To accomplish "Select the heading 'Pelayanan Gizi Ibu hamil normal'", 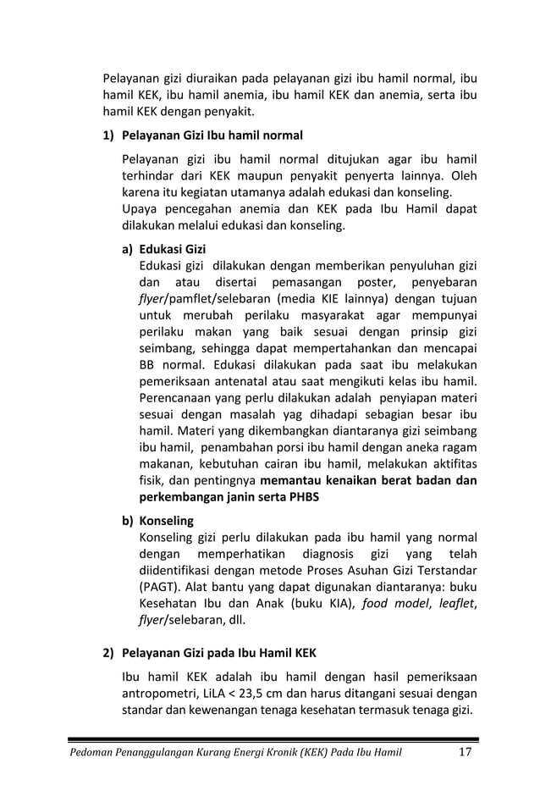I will pyautogui.click(x=212, y=136).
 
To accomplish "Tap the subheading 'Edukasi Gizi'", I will pyautogui.click(x=173, y=249).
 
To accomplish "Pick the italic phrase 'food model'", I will pyautogui.click(x=392, y=603).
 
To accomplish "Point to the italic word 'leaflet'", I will pyautogui.click(x=450, y=603).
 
